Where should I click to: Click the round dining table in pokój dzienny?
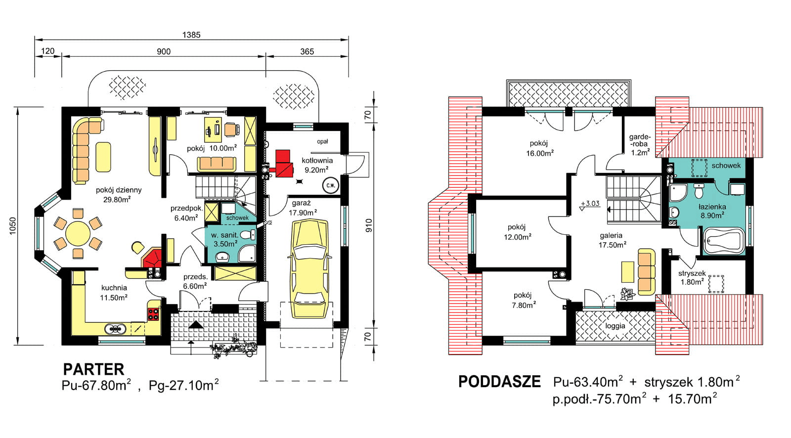tap(78, 233)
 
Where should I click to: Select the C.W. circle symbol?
tap(330, 186)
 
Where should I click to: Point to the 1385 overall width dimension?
tap(191, 35)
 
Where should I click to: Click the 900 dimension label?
tap(164, 51)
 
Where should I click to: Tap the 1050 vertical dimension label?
tap(13, 226)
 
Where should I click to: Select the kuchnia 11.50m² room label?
tap(114, 292)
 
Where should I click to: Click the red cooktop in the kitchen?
tap(153, 313)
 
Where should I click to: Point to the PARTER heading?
tap(93, 369)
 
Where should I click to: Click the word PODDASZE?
tap(499, 382)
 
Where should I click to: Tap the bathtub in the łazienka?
tap(723, 241)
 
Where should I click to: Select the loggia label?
tap(615, 326)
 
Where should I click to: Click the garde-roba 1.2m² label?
tap(640, 144)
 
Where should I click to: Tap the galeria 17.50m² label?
tap(612, 240)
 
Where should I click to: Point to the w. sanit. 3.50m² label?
tap(225, 239)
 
